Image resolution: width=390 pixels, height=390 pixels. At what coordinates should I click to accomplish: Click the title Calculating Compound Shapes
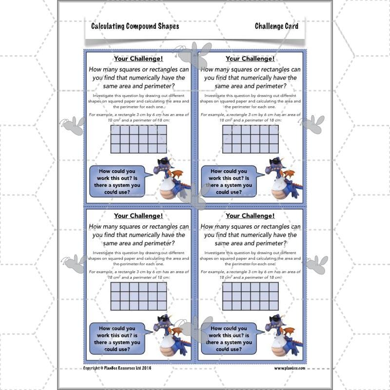[x=135, y=26]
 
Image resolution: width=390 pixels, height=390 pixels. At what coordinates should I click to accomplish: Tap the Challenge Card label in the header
[x=276, y=26]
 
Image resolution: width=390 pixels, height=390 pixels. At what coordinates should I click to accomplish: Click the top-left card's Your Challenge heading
[x=138, y=59]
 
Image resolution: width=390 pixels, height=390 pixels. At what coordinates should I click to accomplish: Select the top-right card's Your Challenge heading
[x=250, y=59]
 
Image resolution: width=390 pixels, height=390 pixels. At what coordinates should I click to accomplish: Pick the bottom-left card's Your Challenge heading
[x=138, y=215]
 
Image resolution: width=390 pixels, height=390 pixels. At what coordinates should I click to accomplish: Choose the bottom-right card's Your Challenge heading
[x=250, y=215]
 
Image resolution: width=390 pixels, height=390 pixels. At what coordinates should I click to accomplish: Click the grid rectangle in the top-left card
[x=138, y=139]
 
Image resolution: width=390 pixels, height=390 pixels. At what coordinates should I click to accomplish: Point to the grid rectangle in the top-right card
[x=250, y=139]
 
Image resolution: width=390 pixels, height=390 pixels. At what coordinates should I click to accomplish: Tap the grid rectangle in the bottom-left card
[x=138, y=296]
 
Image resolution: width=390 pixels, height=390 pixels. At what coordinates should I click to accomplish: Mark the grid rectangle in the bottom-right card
[x=250, y=296]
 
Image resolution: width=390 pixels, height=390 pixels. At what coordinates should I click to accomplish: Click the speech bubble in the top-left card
[x=118, y=181]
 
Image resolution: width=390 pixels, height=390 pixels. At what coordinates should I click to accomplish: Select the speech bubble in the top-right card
[x=229, y=181]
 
